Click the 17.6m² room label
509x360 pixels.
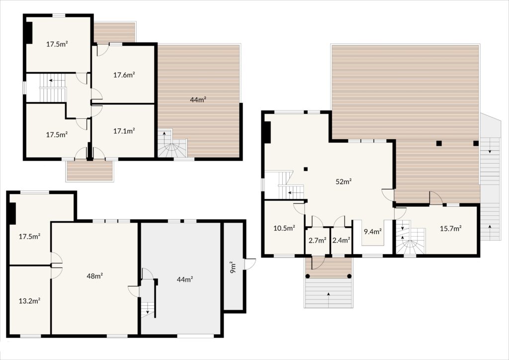point(124,75)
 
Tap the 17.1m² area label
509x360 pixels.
point(124,131)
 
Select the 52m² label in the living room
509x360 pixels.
point(344,182)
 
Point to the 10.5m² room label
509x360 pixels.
point(284,228)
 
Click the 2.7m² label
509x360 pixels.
point(318,241)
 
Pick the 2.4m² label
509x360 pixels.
point(341,241)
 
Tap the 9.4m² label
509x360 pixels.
point(373,232)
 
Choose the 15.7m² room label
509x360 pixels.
point(451,229)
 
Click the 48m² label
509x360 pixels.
point(95,276)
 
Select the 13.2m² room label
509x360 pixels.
point(29,301)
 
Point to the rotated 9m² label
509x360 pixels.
point(233,267)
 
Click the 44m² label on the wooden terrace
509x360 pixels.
point(198,99)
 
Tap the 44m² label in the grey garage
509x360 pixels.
point(185,279)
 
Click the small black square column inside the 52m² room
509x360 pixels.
point(306,169)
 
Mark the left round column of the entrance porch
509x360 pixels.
point(307,276)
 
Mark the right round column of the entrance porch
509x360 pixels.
point(349,276)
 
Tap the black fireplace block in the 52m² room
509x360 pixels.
point(267,132)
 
